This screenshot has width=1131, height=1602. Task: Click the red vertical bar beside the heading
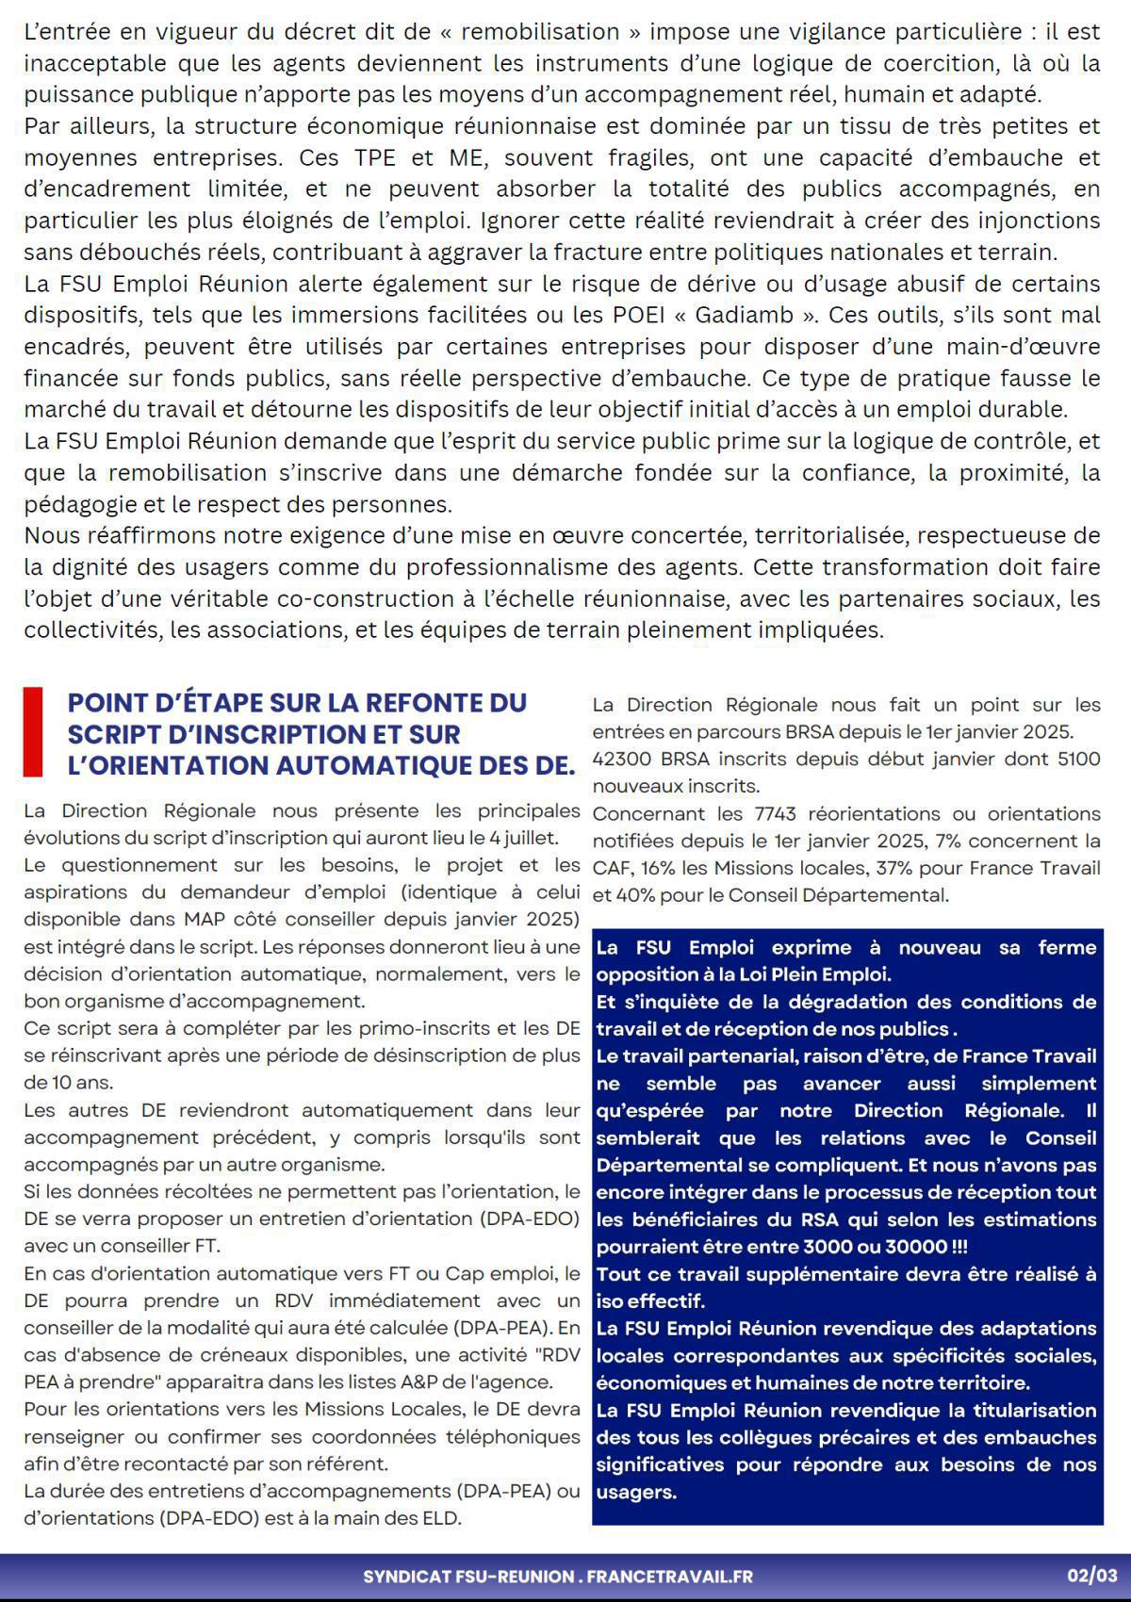pyautogui.click(x=33, y=732)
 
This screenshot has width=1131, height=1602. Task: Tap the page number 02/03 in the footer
pyautogui.click(x=1091, y=1576)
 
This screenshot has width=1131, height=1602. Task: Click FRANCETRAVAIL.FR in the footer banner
pyautogui.click(x=670, y=1577)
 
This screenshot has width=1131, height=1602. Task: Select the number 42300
pyautogui.click(x=619, y=759)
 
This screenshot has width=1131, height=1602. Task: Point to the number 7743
pyautogui.click(x=776, y=813)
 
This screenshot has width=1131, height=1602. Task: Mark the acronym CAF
pyautogui.click(x=611, y=868)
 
